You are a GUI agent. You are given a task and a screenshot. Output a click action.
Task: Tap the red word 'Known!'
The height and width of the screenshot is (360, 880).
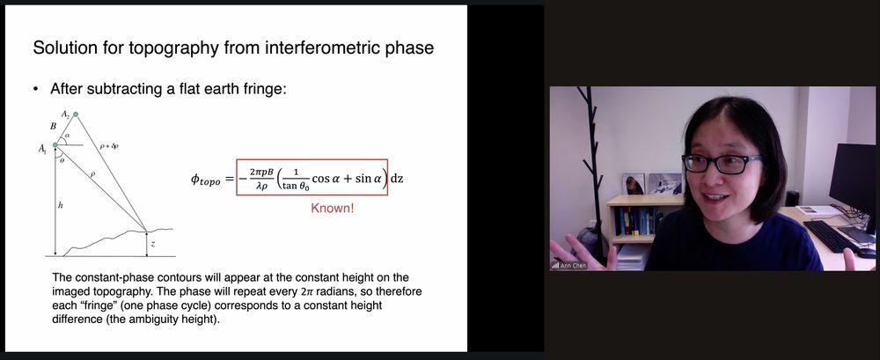(333, 209)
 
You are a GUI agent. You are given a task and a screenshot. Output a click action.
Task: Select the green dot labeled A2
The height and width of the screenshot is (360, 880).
(76, 114)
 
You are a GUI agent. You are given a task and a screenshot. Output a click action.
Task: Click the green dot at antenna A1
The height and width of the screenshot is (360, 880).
(55, 145)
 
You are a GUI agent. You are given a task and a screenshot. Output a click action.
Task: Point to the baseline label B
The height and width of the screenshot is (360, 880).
(54, 127)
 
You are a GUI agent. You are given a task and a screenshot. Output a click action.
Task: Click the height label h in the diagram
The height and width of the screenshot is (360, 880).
(61, 206)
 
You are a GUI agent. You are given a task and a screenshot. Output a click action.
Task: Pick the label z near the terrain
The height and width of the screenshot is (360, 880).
(153, 245)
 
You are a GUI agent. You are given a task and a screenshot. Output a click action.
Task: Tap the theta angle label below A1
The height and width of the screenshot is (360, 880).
(62, 160)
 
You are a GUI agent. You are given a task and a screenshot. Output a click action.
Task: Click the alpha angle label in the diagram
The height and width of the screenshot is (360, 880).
(68, 136)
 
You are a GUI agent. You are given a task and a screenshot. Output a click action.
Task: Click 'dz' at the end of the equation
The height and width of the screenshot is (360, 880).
(397, 179)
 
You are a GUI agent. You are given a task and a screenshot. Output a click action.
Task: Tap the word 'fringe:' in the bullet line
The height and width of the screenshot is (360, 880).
(265, 89)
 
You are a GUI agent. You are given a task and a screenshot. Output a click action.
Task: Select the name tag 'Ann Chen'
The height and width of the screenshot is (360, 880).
(573, 265)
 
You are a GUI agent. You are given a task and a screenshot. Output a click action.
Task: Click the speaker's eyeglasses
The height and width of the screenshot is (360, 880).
(722, 164)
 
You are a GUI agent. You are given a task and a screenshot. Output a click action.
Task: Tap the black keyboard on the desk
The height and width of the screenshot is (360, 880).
(831, 235)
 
